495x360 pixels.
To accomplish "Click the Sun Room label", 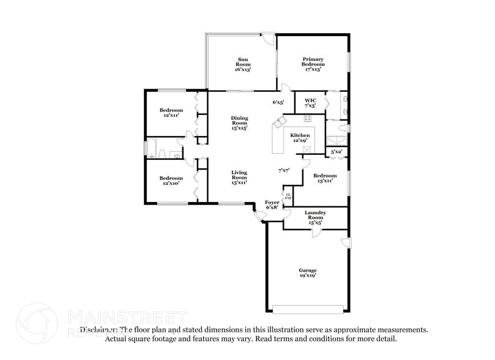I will point(242,64).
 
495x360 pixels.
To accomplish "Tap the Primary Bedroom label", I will point(313,64).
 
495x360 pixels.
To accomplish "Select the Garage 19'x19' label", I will point(307,272).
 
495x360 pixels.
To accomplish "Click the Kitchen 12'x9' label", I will point(300,138).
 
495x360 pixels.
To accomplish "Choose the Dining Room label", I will point(239,123).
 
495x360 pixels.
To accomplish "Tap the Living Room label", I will point(239,177).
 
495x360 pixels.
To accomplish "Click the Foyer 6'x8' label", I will point(272,204).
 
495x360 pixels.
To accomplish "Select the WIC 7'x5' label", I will point(310,102).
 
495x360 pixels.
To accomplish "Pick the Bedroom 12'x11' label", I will point(172,113).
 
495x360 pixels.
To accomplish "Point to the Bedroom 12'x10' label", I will point(172,181).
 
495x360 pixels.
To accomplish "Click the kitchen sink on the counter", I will point(280,124).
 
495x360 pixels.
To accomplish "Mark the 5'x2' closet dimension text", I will point(337,151).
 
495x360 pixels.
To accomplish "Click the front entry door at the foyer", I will point(259,215).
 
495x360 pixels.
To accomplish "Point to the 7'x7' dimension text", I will point(283,170).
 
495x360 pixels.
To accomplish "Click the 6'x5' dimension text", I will point(278,102).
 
